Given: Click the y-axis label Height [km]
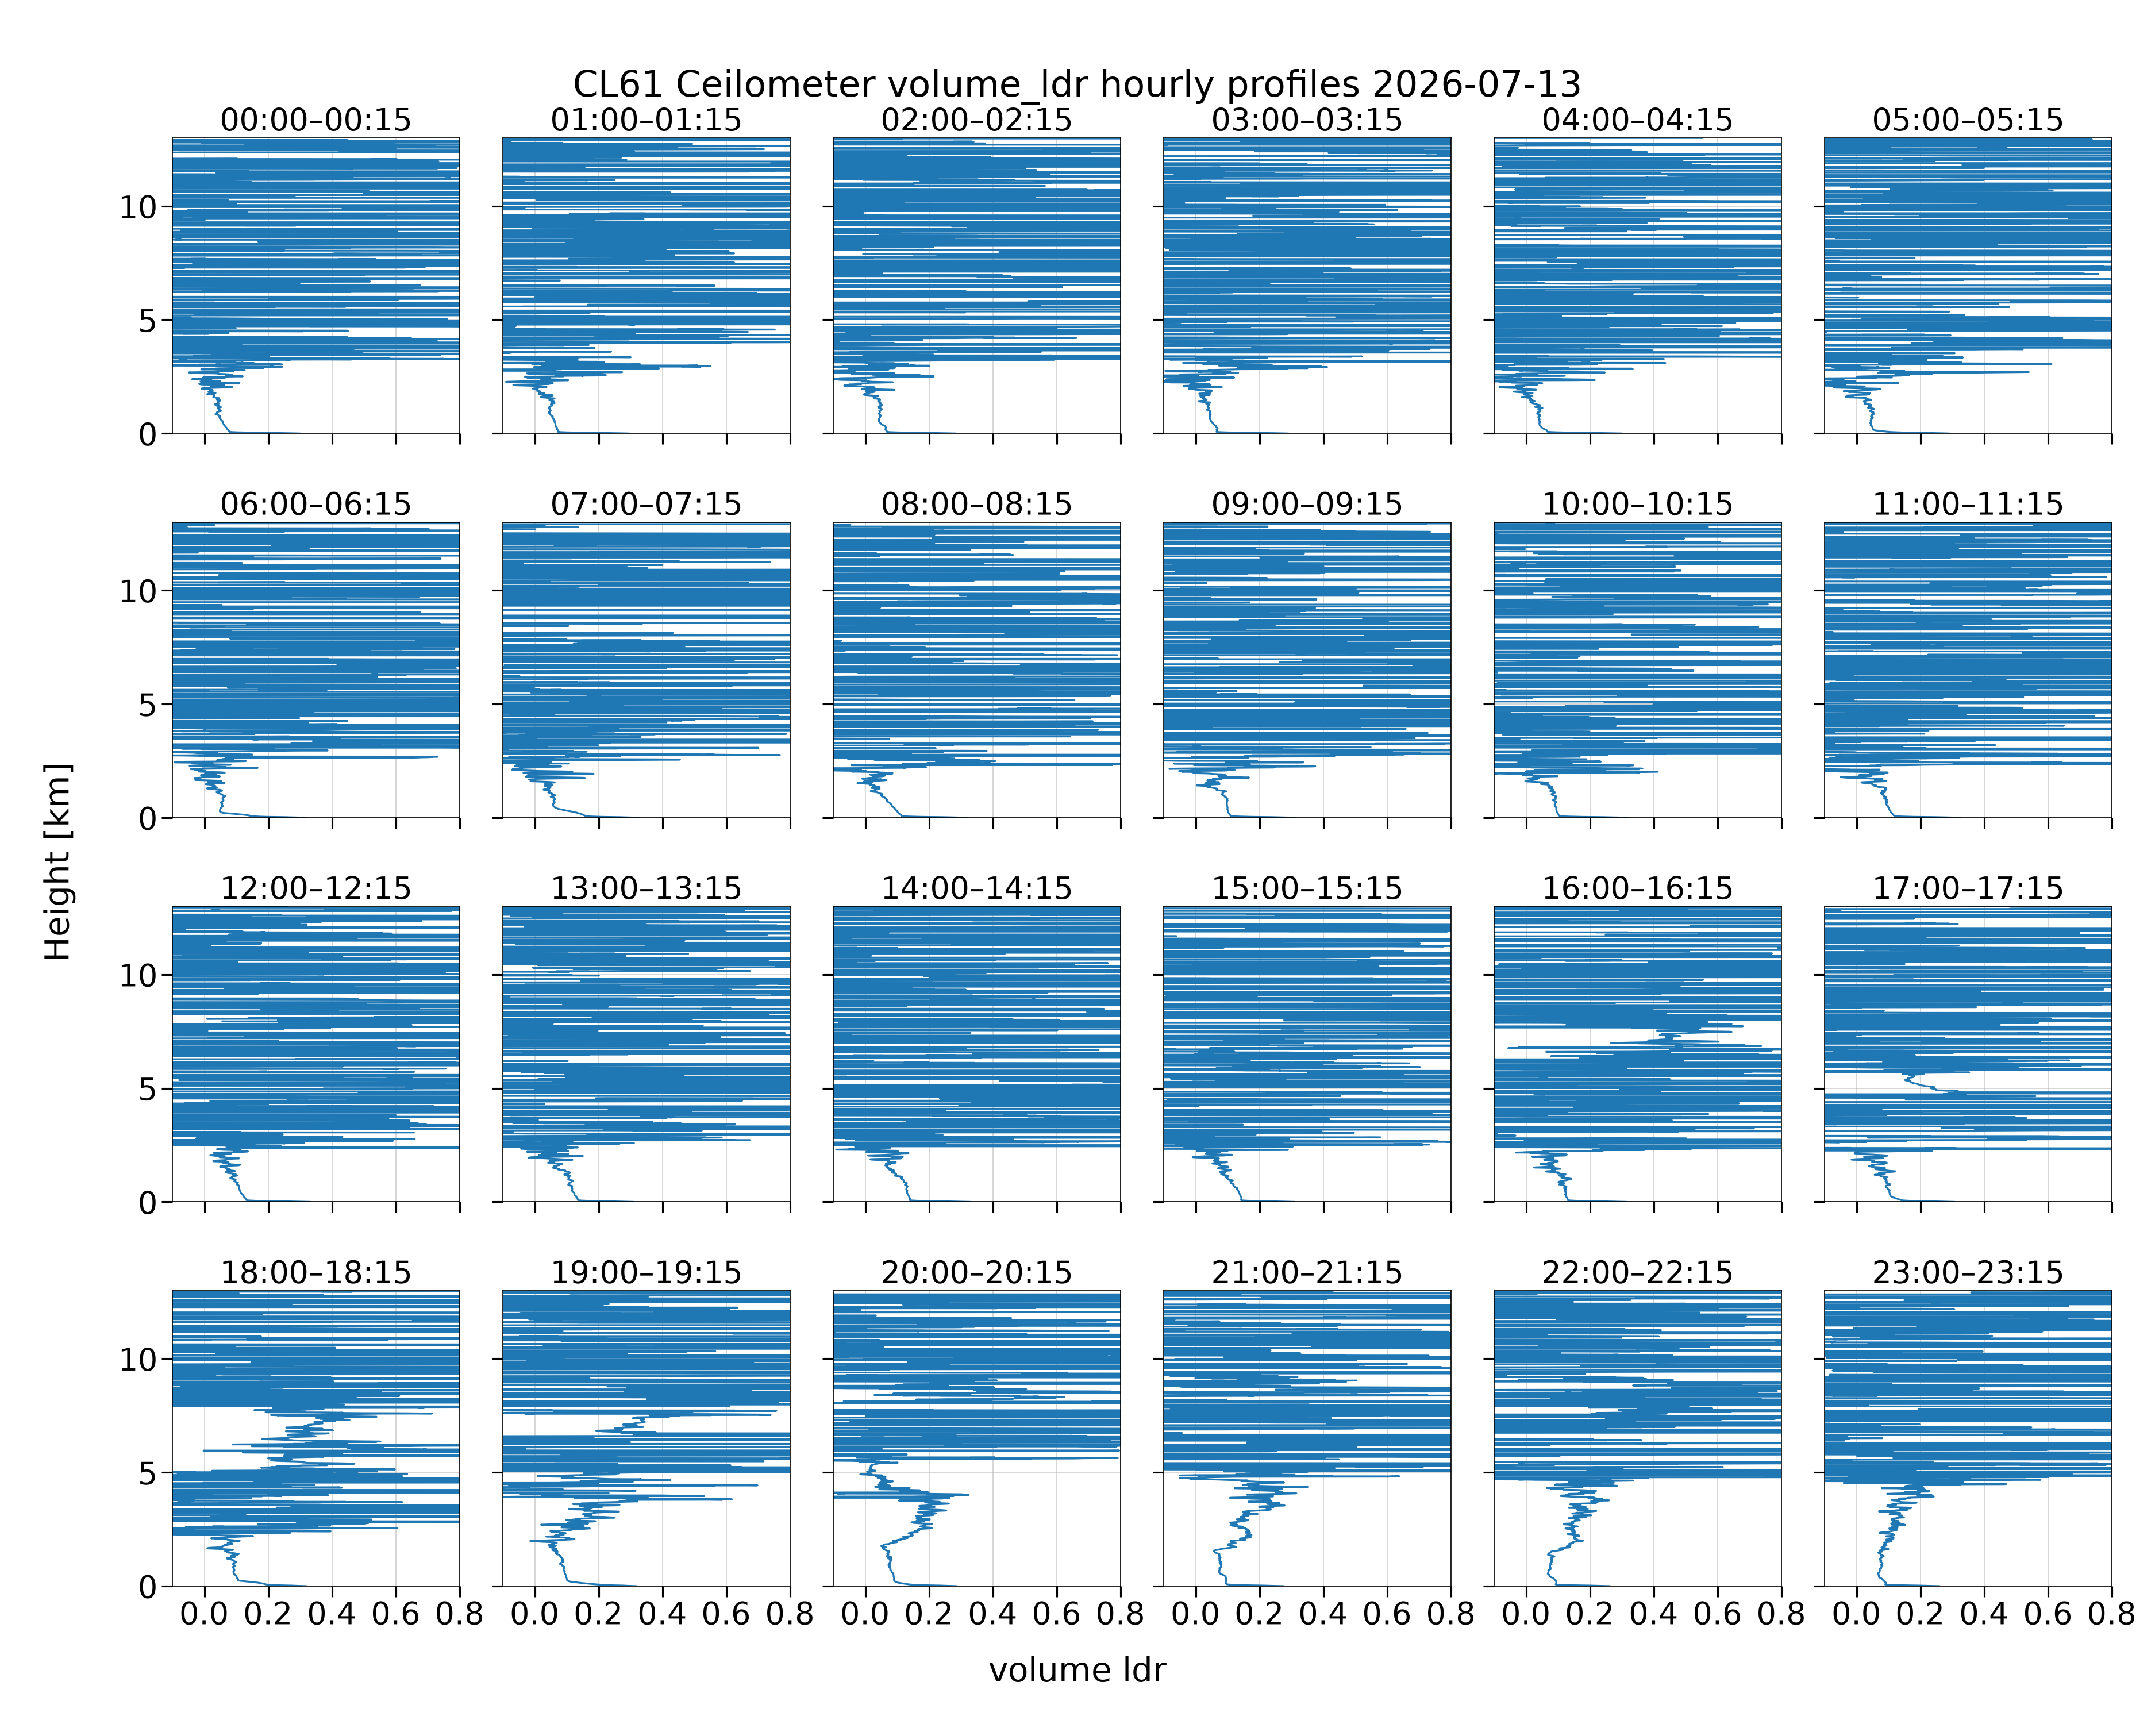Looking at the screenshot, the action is pos(58,861).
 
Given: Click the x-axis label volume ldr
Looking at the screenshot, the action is pos(1077,1670).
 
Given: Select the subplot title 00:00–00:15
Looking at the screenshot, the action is pos(316,120).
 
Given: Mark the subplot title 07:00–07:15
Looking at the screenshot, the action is pos(646,504).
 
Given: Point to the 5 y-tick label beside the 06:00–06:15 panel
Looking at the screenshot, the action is pos(148,706).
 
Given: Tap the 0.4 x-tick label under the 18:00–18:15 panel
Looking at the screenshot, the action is pos(332,1614).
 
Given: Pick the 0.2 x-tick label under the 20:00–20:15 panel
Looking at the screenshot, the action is pos(929,1614).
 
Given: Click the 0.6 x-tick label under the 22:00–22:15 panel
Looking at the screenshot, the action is pos(1717,1614).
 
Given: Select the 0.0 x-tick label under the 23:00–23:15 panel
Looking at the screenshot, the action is pos(1856,1614).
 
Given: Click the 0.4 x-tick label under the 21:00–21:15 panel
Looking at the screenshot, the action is pos(1323,1614).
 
